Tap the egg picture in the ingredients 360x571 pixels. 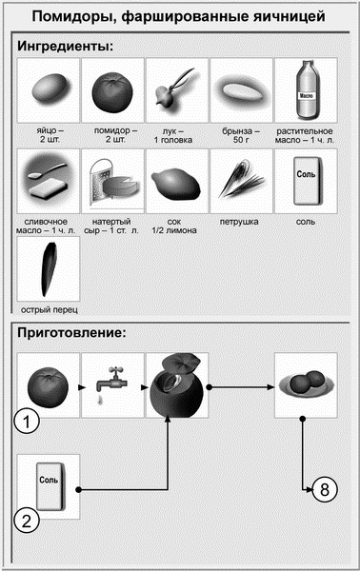pos(48,89)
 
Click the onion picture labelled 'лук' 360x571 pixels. pos(176,89)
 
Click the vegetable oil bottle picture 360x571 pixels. pos(305,88)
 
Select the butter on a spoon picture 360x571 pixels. pos(48,181)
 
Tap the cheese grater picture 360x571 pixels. pos(111,181)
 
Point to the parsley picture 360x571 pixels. pos(240,181)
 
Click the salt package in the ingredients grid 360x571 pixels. pos(305,181)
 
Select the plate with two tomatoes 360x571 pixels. pos(305,385)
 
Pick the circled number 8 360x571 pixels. pos(324,490)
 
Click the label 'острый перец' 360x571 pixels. pos(48,311)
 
